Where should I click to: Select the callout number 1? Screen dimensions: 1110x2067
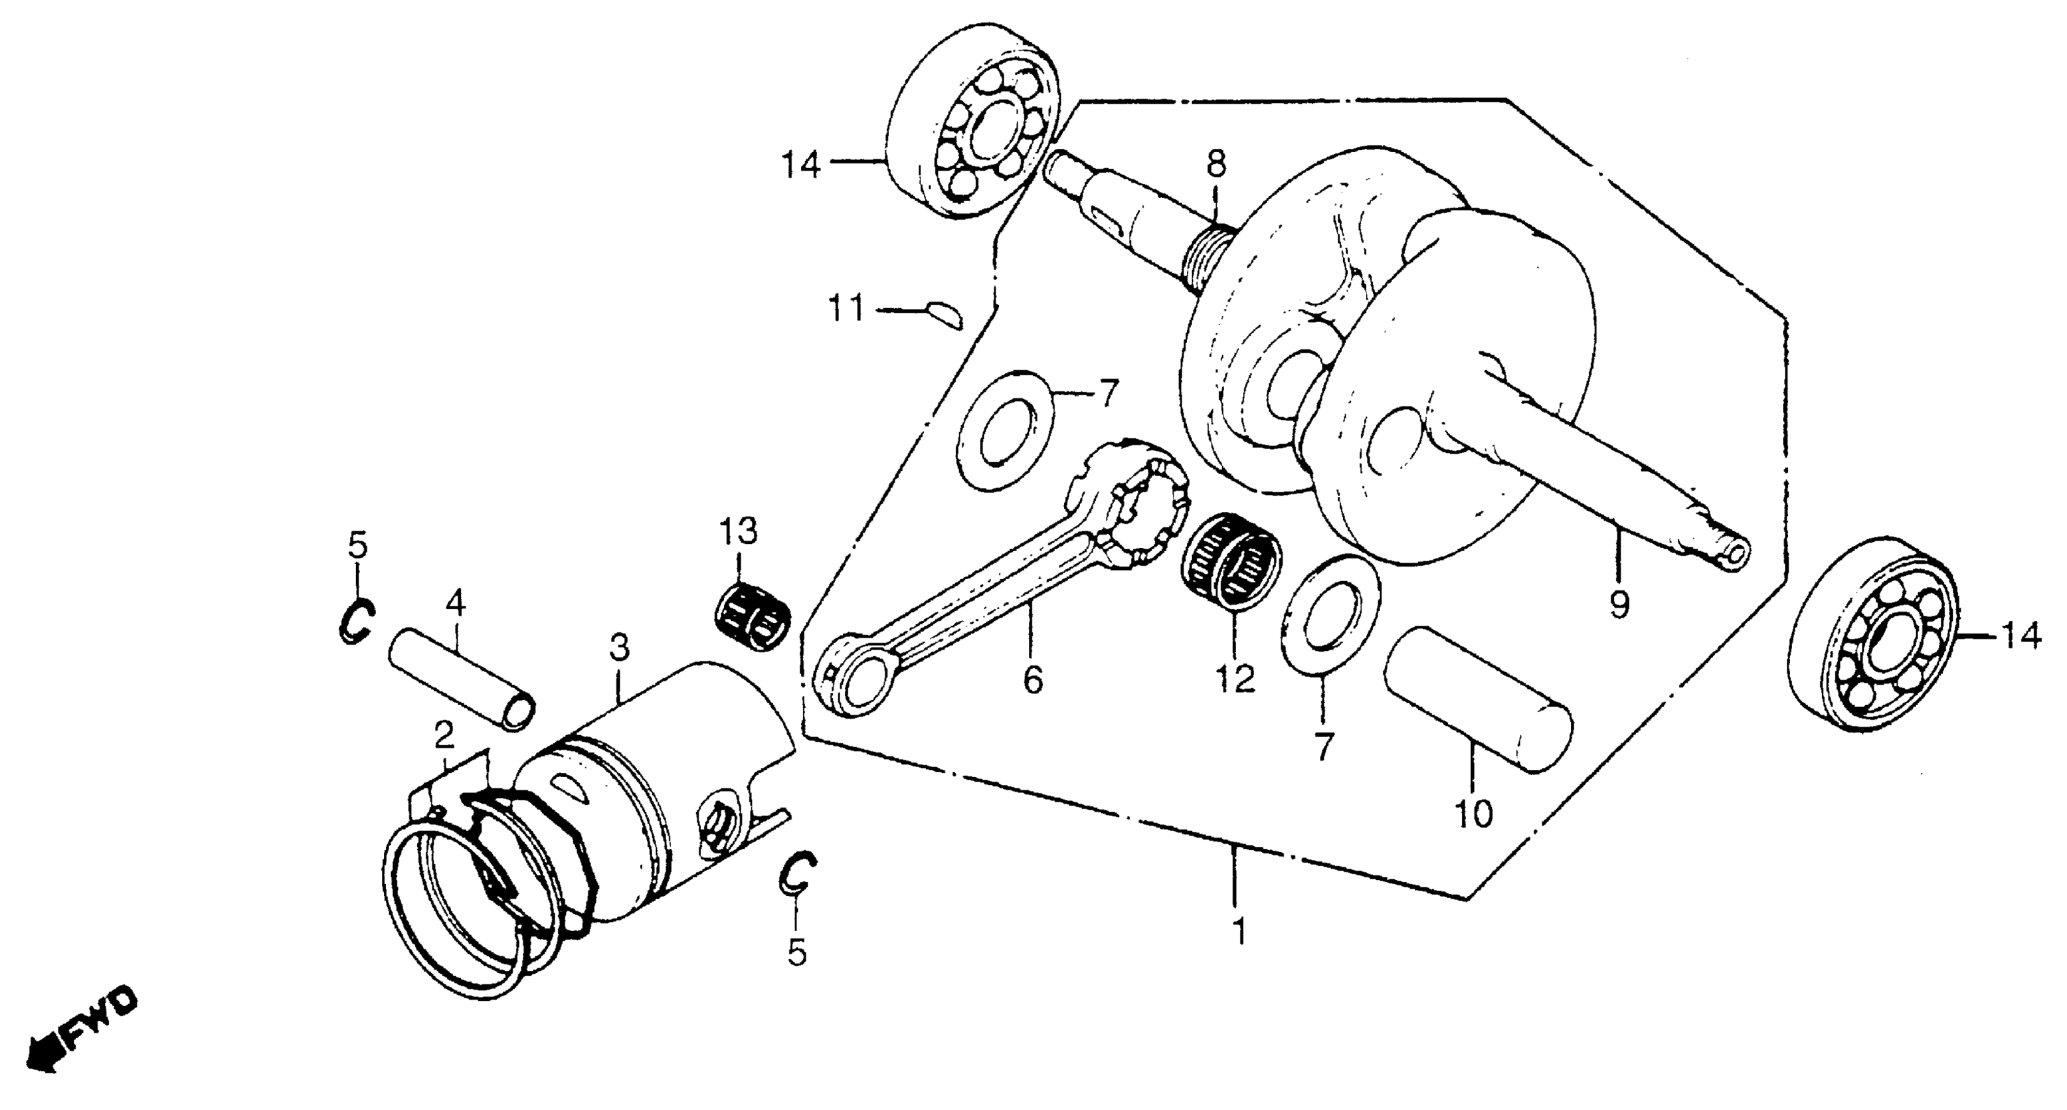tap(1240, 932)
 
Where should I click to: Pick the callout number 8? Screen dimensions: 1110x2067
tap(1216, 166)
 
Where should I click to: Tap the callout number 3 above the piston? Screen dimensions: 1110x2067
tap(619, 647)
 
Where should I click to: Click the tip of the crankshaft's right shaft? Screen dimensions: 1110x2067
tap(1734, 554)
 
